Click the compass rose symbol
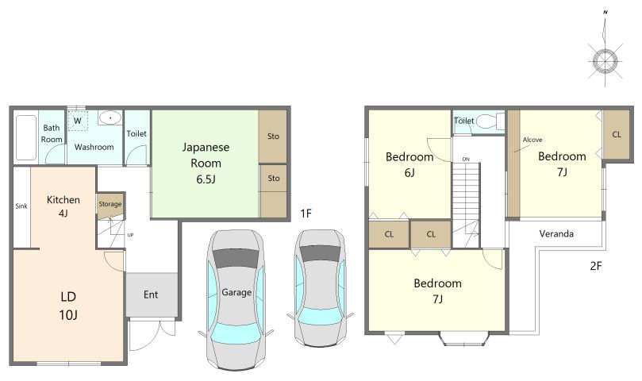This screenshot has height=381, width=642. tap(605, 61)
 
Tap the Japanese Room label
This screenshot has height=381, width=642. tap(206, 155)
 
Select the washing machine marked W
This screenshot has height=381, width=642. tap(78, 121)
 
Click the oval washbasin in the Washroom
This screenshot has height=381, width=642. tap(110, 118)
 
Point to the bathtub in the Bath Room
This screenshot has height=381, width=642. tap(26, 137)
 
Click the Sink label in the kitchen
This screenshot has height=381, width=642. tap(21, 206)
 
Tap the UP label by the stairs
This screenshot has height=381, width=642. tap(130, 235)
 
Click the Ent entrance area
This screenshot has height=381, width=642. tap(152, 294)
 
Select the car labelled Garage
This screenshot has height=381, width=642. tap(236, 300)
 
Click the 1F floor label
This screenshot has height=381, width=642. tap(306, 214)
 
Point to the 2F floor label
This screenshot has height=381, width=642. tap(596, 266)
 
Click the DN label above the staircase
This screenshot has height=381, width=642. tap(466, 160)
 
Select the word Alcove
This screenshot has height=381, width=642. tap(532, 140)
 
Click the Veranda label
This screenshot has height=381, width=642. tap(556, 234)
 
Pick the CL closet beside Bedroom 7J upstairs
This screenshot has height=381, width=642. tap(616, 135)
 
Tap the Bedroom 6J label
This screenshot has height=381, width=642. tap(409, 164)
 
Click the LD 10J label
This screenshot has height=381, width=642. tap(68, 306)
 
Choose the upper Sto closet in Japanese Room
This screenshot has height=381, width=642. tap(273, 137)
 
